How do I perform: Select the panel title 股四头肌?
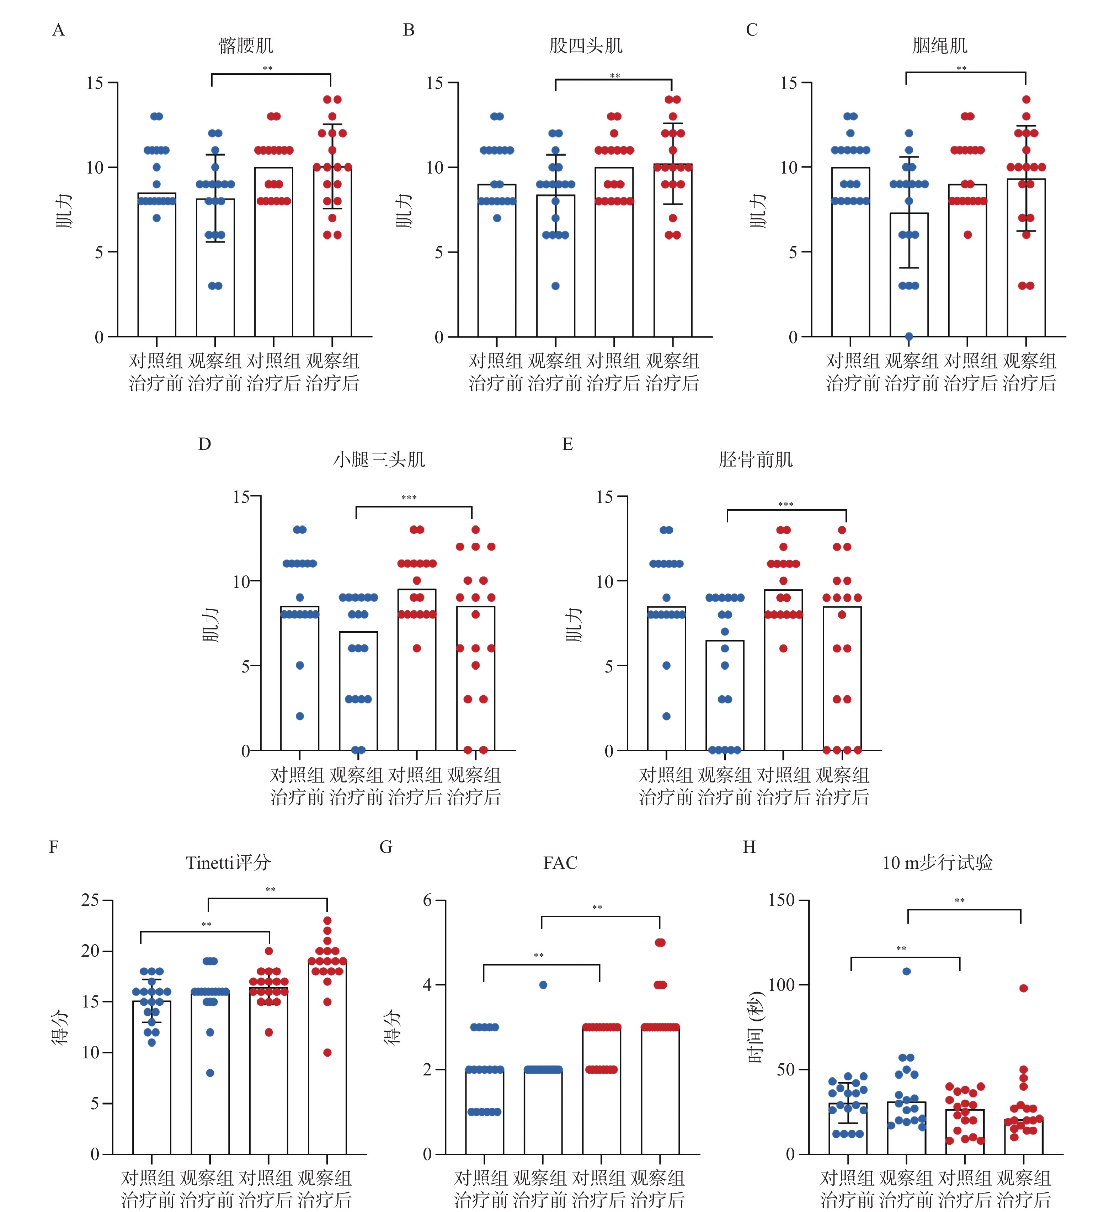click(x=586, y=46)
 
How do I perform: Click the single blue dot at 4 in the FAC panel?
click(x=543, y=985)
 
